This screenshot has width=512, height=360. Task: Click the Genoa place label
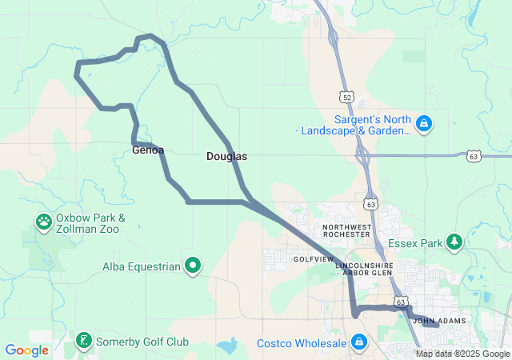(x=148, y=150)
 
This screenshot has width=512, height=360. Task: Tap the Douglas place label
(x=226, y=157)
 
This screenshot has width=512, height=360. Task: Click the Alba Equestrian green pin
(x=193, y=266)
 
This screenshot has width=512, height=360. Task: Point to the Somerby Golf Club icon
(x=83, y=342)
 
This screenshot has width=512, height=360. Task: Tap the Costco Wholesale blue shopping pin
(x=358, y=342)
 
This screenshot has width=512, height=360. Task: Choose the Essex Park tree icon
(x=454, y=242)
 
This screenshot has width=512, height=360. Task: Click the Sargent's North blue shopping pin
(x=425, y=124)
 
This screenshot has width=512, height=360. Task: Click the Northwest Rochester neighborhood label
(x=347, y=232)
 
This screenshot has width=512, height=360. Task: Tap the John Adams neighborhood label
(x=439, y=321)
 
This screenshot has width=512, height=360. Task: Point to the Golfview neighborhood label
(x=312, y=259)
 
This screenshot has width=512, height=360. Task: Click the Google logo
(x=26, y=350)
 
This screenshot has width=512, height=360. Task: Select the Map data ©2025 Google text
(x=462, y=354)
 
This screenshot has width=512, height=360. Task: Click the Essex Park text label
(x=414, y=242)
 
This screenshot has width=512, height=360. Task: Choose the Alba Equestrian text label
(x=142, y=266)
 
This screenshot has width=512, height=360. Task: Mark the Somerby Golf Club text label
(x=143, y=342)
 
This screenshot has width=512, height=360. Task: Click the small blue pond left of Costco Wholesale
(x=227, y=346)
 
